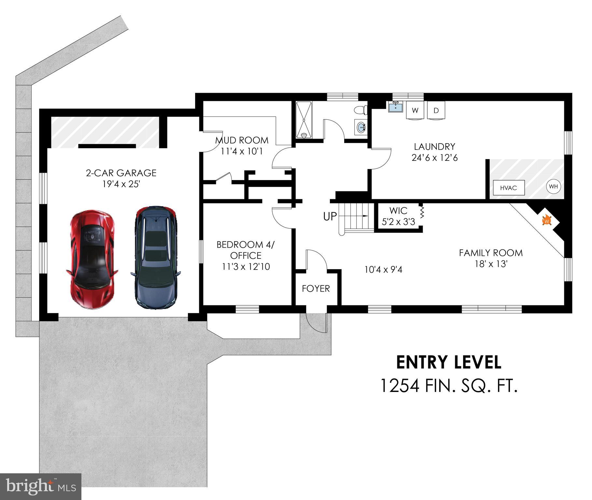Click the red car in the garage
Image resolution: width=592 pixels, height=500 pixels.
pos(92,259)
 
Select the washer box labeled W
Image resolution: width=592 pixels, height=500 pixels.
pos(415,110)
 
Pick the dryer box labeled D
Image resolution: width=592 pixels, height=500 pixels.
pos(436,110)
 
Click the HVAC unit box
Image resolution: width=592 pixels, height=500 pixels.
pos(508,188)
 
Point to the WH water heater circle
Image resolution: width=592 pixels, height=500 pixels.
pos(553,187)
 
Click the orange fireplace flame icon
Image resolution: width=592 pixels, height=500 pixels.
pos(547,220)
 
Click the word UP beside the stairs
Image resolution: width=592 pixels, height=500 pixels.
pos(330,216)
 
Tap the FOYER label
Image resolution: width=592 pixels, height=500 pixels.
pos(316,288)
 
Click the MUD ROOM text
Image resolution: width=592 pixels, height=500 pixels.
pos(242,140)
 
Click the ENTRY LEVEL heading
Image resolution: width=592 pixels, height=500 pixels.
pos(448,362)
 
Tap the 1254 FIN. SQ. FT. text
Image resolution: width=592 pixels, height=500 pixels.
pos(448,386)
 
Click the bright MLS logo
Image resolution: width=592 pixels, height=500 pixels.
pos(41,486)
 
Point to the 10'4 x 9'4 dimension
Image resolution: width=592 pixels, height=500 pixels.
pos(383,270)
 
